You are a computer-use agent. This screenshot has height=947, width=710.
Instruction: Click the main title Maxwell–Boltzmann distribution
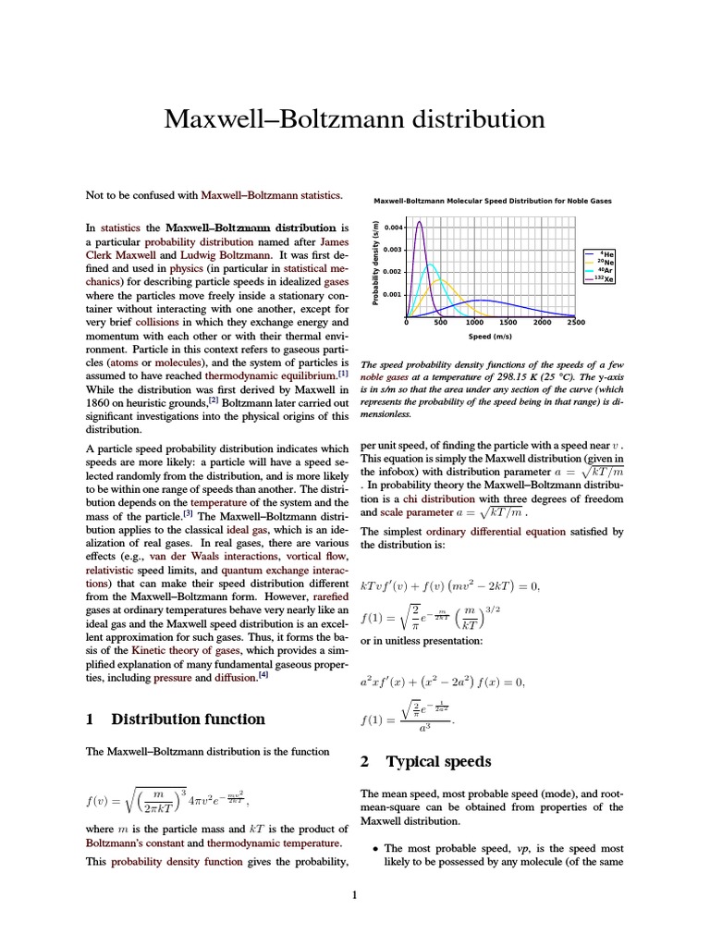pos(354,119)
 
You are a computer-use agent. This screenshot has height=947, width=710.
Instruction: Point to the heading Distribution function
pos(188,719)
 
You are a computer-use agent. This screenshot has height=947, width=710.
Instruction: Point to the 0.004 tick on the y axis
pos(392,227)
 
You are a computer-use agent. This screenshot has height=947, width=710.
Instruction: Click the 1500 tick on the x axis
pos(508,323)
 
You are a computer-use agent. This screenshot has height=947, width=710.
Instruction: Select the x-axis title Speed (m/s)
pos(492,337)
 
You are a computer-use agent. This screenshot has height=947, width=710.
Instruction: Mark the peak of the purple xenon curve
pos(419,222)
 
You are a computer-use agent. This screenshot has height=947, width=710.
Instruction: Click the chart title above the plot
pos(492,201)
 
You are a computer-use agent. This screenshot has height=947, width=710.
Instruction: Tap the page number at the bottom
pos(355,894)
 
